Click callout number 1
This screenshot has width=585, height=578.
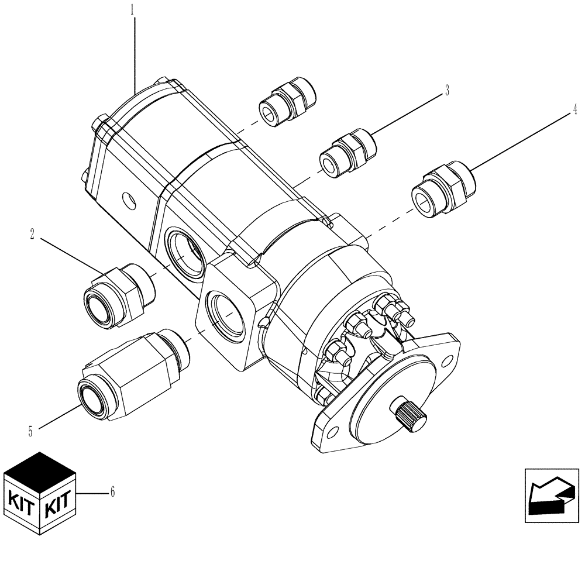point(133,10)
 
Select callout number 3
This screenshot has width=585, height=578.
point(447,91)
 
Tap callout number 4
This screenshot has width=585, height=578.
point(575,109)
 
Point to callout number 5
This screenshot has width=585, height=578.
point(30,432)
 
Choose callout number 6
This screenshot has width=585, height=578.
point(112,492)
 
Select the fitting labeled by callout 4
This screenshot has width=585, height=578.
point(443,189)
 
